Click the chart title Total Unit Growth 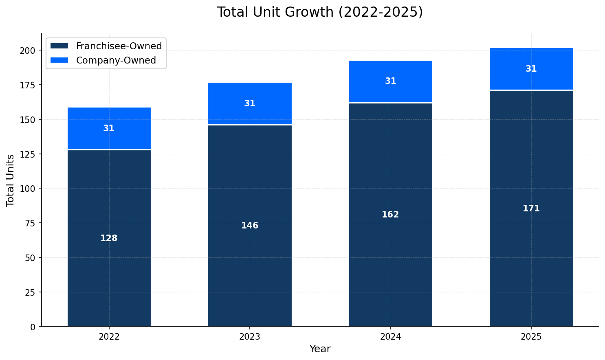tap(320, 12)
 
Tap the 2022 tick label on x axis tap(109, 337)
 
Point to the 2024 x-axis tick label tap(390, 337)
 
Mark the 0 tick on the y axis tap(35, 327)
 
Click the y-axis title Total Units tap(11, 180)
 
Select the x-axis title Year tap(320, 349)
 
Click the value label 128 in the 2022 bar tap(109, 239)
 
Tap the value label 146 tap(250, 226)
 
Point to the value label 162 tap(390, 215)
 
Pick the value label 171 tap(531, 209)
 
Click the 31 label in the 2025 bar tap(531, 69)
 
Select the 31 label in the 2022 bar tap(109, 129)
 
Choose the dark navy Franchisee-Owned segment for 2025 tap(531, 265)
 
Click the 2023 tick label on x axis tap(250, 337)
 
